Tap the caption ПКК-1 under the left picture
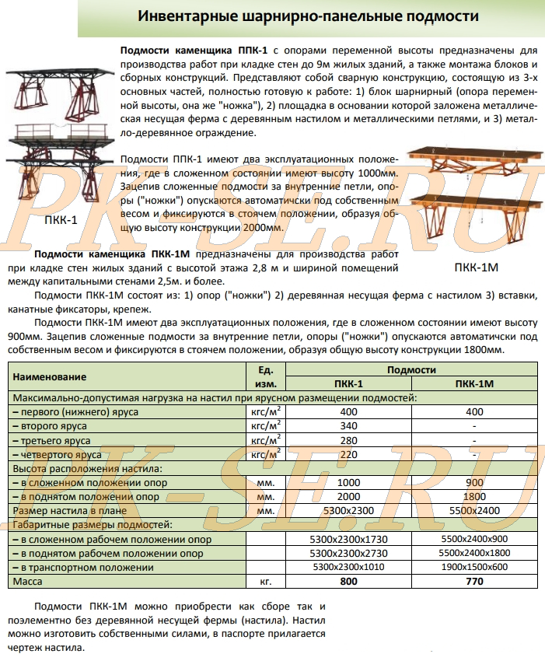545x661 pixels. coord(61,219)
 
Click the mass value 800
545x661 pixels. coord(348,581)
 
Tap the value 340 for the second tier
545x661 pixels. coord(348,426)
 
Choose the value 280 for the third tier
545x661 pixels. coord(348,440)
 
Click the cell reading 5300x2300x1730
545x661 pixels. coord(348,539)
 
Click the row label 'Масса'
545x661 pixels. coord(28,581)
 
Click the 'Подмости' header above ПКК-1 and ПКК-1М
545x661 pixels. coord(411,370)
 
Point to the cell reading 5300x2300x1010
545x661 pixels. coord(348,567)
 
